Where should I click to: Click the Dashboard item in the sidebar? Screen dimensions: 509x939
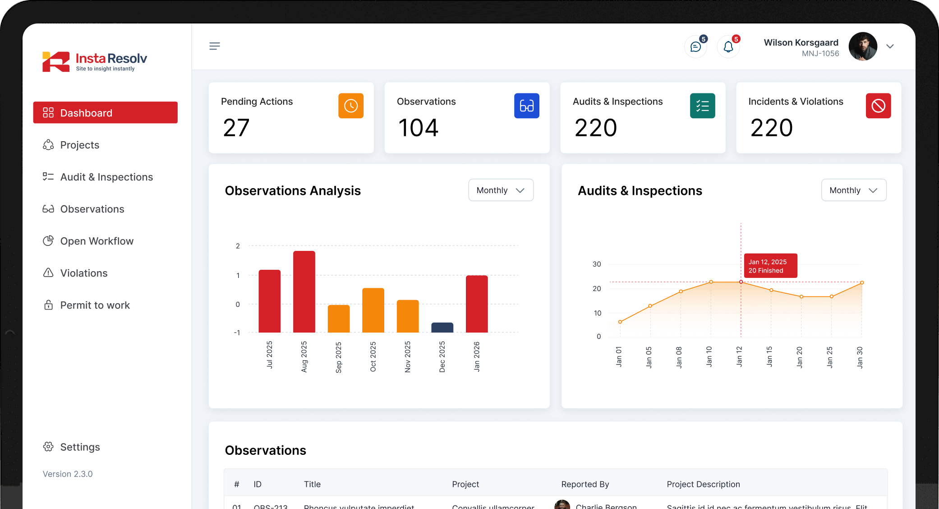coord(105,113)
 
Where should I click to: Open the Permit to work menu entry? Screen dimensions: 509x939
coord(95,305)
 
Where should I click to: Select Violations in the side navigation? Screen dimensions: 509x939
coord(84,273)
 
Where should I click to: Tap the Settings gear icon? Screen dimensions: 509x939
coord(48,447)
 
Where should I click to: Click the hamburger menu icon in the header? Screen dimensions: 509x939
coord(215,46)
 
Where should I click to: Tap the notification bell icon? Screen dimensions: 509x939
coord(728,47)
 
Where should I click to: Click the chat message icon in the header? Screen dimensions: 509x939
coord(695,47)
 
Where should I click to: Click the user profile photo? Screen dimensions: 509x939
coord(862,46)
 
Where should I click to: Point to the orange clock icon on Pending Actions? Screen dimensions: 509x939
coord(351,106)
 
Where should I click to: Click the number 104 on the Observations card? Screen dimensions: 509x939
coord(418,128)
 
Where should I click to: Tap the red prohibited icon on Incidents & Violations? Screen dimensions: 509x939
coord(878,106)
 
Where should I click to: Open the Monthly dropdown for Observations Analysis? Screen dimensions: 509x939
coord(501,190)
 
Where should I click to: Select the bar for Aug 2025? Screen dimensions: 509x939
coord(304,292)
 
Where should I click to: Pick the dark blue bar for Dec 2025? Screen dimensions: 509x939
coord(442,328)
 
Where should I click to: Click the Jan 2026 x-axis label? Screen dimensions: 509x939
coord(477,356)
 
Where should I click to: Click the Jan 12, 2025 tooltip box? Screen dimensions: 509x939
coord(770,266)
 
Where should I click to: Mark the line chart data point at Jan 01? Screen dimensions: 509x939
coord(620,322)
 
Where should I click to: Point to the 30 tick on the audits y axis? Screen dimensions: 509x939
coord(597,264)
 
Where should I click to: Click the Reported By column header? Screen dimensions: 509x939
coord(585,484)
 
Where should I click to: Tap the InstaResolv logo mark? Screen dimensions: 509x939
coord(56,62)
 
